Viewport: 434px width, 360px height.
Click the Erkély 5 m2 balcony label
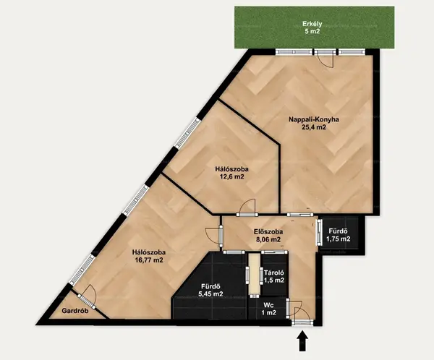312,27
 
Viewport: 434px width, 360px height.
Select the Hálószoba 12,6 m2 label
231,173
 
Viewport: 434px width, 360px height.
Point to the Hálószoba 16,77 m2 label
149,256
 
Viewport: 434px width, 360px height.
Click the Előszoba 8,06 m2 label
268,236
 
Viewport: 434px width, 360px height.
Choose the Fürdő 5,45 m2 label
210,291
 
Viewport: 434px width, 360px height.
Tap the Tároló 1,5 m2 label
274,276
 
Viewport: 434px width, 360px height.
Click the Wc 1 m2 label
268,309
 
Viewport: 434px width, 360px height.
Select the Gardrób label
75,311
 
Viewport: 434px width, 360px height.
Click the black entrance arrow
303,340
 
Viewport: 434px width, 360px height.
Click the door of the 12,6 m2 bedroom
247,207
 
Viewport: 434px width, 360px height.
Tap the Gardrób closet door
87,296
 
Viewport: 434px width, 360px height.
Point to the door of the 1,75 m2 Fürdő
320,232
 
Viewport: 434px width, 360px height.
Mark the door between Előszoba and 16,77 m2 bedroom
215,236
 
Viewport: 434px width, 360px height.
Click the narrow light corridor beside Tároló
254,274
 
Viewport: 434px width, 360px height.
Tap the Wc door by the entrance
288,307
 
